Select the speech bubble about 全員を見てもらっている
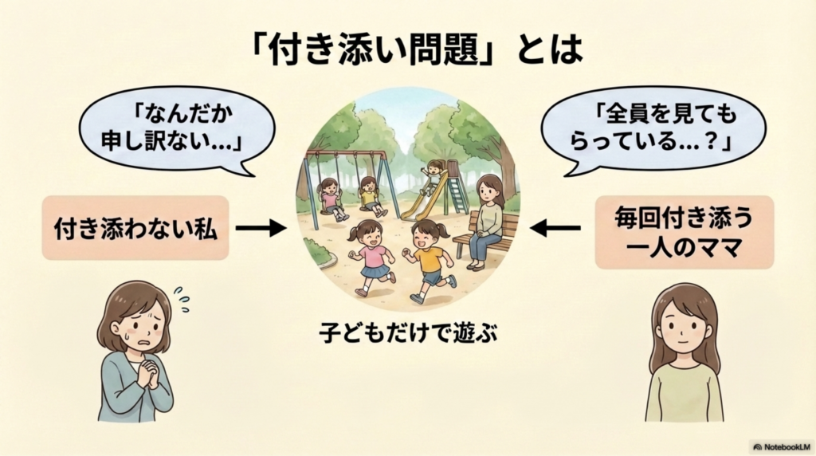653,129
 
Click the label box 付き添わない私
135,228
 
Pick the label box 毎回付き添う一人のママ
684,232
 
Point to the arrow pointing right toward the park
261,228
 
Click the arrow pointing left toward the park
555,228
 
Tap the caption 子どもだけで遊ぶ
409,332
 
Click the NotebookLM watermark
782,446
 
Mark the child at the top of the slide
432,175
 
